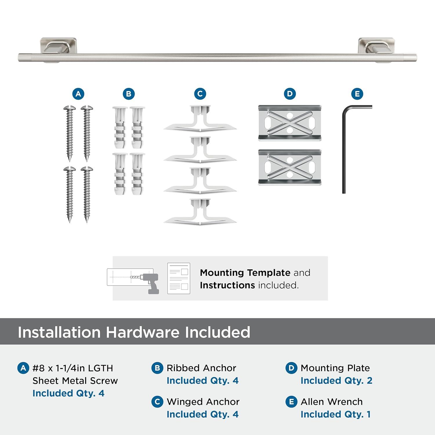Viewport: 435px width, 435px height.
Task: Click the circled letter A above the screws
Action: [x=78, y=94]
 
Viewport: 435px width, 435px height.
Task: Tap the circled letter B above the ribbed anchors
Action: [x=129, y=94]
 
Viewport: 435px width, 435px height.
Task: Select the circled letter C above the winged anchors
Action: [x=200, y=94]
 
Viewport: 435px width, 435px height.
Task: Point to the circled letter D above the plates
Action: [x=290, y=94]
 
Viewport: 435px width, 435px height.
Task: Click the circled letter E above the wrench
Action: [x=357, y=94]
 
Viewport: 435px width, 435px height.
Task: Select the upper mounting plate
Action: [x=290, y=123]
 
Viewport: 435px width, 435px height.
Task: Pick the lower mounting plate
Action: [x=290, y=168]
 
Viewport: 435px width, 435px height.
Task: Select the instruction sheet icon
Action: [x=179, y=278]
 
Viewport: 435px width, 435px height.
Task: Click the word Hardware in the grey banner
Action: [x=142, y=332]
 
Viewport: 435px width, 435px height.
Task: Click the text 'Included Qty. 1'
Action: [x=336, y=414]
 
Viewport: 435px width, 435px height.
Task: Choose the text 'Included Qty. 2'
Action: [x=336, y=380]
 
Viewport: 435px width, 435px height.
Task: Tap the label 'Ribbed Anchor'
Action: [x=201, y=368]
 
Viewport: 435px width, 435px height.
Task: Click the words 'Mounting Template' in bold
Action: [x=245, y=273]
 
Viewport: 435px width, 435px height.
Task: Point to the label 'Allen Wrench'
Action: [x=331, y=402]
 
